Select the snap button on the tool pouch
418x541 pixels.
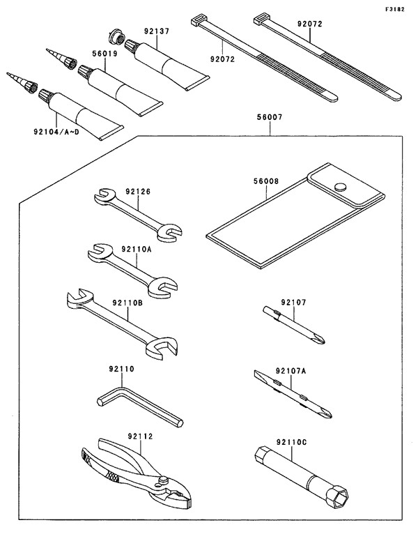click(x=341, y=186)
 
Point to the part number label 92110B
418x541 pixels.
click(x=127, y=303)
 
